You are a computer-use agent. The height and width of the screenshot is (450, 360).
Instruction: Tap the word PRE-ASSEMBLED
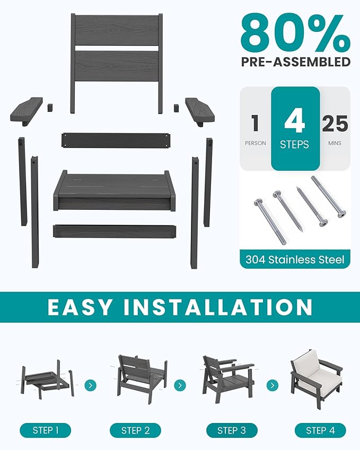(x=295, y=62)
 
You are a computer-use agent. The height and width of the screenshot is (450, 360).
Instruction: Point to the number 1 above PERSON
(x=255, y=123)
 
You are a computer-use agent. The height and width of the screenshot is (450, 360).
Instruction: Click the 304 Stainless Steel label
(x=295, y=260)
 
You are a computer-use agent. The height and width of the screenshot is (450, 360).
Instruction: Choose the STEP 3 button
(x=231, y=430)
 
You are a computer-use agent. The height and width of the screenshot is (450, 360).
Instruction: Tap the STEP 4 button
(x=320, y=430)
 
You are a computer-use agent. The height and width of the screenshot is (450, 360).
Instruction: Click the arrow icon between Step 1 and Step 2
(x=91, y=385)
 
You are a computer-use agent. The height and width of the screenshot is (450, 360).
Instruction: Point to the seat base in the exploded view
(x=115, y=190)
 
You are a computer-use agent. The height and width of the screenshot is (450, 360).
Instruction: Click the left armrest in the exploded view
(x=27, y=110)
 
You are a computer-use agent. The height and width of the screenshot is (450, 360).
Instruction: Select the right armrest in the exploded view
(x=200, y=110)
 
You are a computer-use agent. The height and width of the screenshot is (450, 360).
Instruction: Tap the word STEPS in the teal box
(x=295, y=144)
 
